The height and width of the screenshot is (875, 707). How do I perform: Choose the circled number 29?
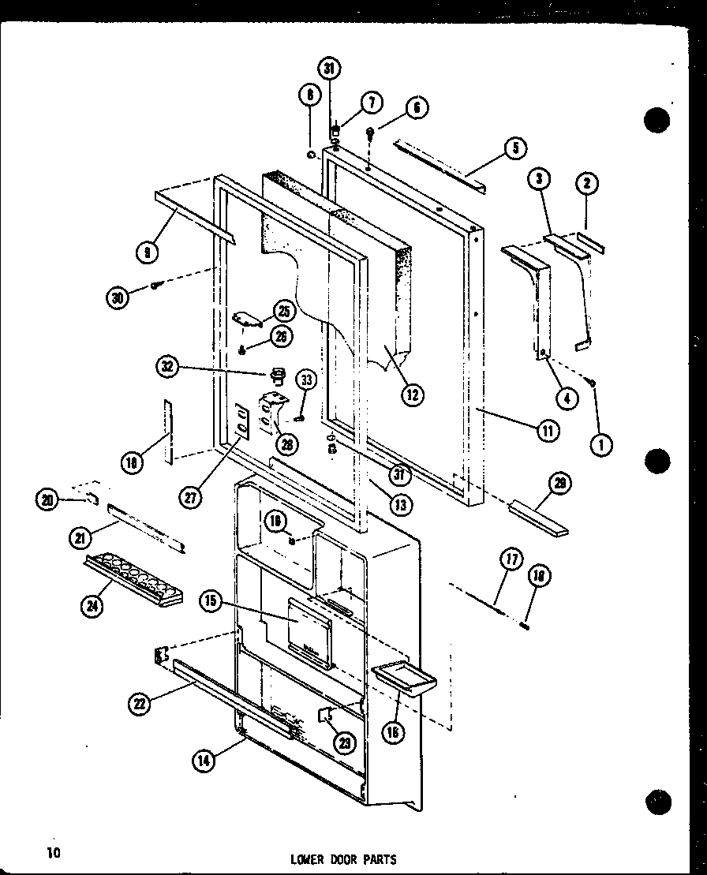[561, 484]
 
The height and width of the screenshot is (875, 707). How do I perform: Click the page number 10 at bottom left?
[52, 853]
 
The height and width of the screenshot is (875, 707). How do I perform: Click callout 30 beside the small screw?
[118, 297]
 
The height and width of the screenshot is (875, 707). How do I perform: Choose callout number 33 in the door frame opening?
[306, 380]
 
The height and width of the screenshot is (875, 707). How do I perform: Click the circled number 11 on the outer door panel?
[548, 430]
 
